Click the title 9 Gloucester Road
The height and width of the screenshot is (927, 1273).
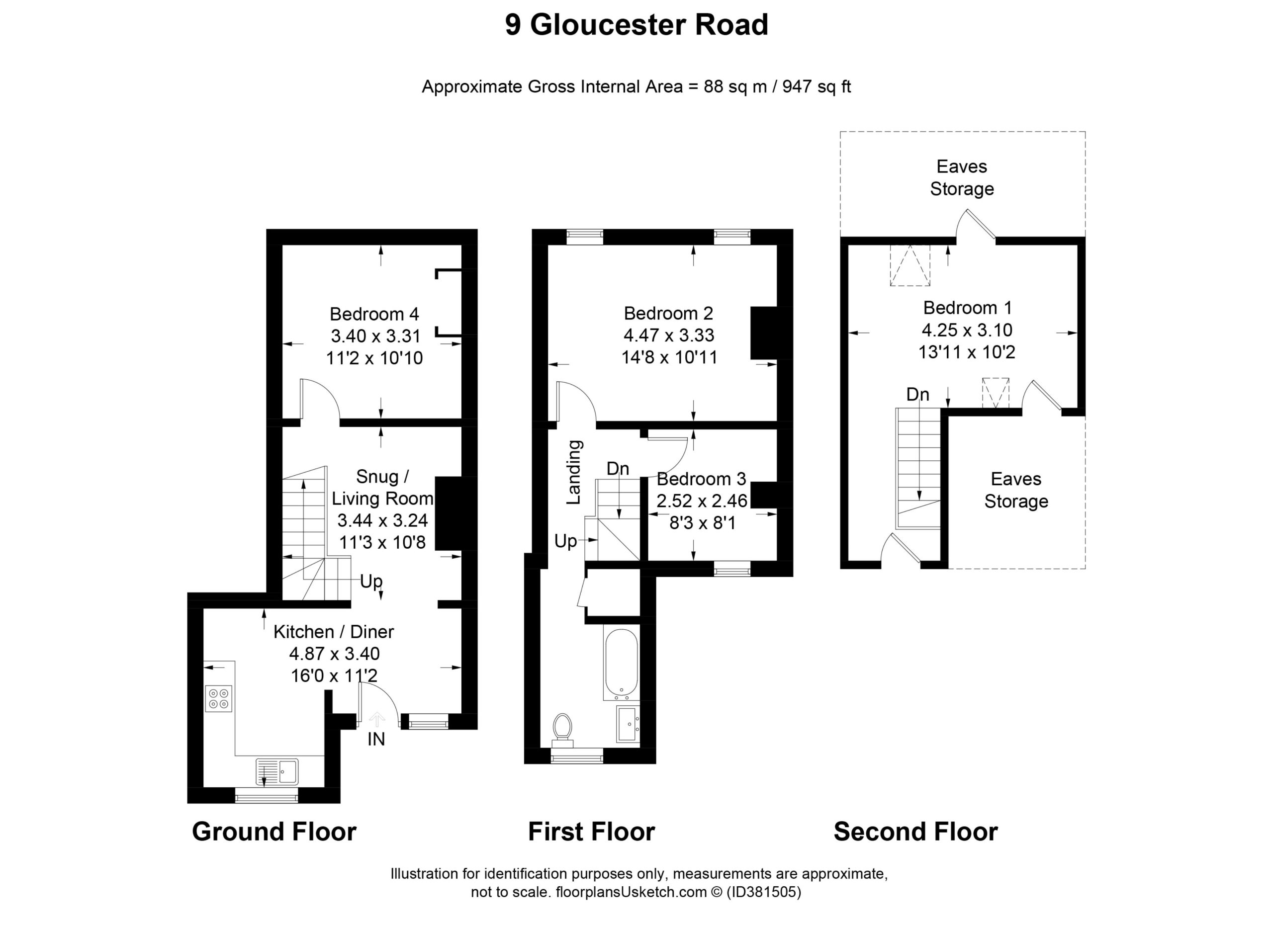tap(636, 25)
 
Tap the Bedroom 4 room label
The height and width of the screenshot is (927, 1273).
tap(374, 314)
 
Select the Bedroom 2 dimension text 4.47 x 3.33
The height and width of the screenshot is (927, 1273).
tap(669, 335)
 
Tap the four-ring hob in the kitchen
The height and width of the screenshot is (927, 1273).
tap(218, 699)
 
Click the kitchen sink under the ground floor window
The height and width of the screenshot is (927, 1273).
tap(277, 771)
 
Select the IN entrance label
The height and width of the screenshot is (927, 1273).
tap(376, 740)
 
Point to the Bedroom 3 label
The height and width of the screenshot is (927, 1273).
tap(701, 479)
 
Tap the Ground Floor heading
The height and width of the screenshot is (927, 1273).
tap(274, 831)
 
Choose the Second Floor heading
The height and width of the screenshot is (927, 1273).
tap(915, 831)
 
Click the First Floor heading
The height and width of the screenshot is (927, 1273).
tap(592, 831)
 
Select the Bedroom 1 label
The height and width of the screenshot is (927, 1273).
tap(967, 308)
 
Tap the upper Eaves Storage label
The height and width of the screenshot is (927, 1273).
tap(962, 177)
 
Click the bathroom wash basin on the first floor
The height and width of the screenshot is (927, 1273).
tap(628, 724)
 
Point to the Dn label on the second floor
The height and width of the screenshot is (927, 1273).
tap(918, 395)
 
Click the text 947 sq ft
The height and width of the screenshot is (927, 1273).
tap(817, 87)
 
